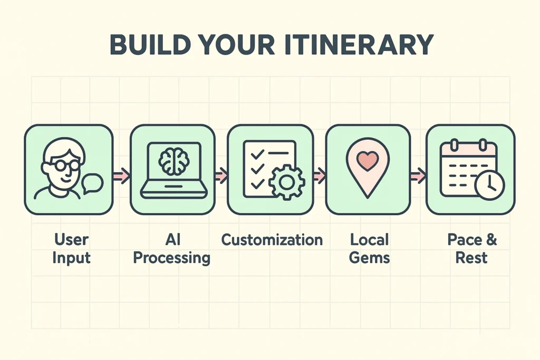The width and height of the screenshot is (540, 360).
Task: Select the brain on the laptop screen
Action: pyautogui.click(x=173, y=161)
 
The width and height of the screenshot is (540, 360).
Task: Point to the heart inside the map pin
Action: pyautogui.click(x=368, y=159)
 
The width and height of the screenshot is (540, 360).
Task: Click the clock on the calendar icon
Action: pyautogui.click(x=489, y=184)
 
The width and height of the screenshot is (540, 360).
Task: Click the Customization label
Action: pyautogui.click(x=272, y=240)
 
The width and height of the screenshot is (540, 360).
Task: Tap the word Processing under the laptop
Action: pyautogui.click(x=171, y=258)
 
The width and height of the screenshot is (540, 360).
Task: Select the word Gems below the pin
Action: pyautogui.click(x=369, y=258)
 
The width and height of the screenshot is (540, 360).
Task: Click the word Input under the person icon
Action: pyautogui.click(x=72, y=258)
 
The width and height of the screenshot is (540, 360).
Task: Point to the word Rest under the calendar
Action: pyautogui.click(x=472, y=258)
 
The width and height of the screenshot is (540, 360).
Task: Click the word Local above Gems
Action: pyautogui.click(x=369, y=240)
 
